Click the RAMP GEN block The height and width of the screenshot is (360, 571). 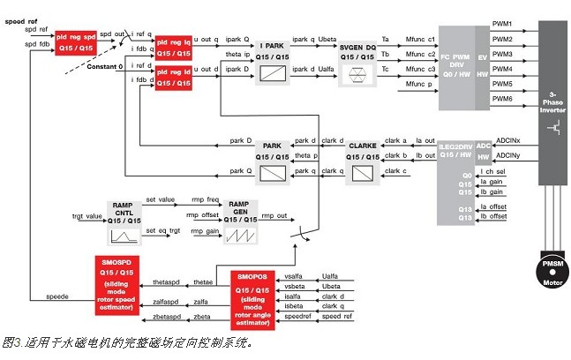[x=239, y=225]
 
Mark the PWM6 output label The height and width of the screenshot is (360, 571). [x=502, y=98]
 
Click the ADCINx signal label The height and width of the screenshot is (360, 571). [x=514, y=139]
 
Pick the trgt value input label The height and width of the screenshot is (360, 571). [x=87, y=216]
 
